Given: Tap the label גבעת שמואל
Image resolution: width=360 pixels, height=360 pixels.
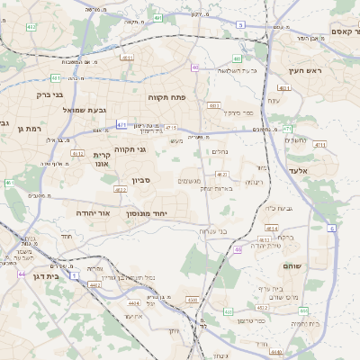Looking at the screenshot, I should tap(61, 110).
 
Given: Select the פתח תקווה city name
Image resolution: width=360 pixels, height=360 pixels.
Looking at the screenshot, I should tap(166, 94).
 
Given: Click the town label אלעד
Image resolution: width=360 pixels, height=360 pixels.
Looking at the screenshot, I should tap(298, 170).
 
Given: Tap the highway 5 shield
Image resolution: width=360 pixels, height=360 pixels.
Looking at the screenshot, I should tap(241, 25).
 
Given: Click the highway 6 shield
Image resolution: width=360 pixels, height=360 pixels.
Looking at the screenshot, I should tap(332, 229).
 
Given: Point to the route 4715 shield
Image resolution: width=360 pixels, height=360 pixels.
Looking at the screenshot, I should tap(171, 128).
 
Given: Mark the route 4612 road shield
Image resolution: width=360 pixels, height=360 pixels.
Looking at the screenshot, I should tap(78, 154).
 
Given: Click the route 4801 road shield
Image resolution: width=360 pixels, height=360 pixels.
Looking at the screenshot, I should tap(284, 88).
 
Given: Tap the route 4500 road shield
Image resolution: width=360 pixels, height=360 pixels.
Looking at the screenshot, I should tap(192, 300).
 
